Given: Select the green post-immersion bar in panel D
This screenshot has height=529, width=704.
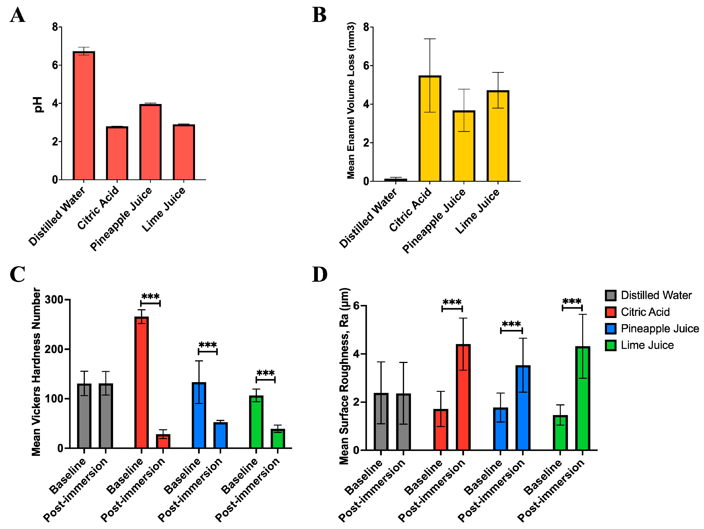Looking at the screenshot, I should click(x=582, y=398).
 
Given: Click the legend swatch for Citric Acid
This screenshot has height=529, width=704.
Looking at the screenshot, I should click(x=610, y=312).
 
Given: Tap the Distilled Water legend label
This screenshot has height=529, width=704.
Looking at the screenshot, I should click(x=656, y=295).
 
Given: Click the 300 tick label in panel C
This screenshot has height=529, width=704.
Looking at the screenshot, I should click(x=54, y=300).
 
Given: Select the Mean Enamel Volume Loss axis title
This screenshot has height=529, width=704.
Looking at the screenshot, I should click(x=351, y=100).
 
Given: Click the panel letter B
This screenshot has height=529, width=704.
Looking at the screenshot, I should click(x=319, y=15).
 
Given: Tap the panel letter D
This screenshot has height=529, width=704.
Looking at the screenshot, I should click(x=319, y=274).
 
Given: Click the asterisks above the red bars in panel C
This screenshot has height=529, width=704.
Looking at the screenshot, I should click(x=150, y=296).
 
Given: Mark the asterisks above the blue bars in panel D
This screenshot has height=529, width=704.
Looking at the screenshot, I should click(x=511, y=324).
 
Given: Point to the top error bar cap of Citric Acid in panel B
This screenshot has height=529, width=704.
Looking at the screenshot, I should click(x=430, y=39).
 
